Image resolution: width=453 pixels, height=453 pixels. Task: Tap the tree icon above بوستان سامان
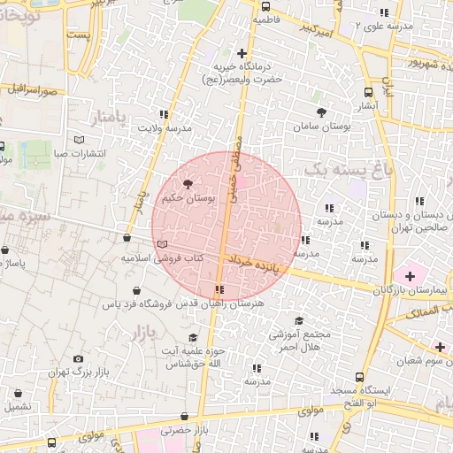pos(321,113)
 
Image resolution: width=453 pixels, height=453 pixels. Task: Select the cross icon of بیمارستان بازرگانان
pos(409,276)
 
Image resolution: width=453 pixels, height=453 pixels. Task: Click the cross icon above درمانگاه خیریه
pos(242,53)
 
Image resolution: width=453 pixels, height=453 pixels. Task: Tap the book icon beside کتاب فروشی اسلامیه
pos(160,244)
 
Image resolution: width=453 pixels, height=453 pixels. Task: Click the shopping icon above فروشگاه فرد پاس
pos(137,290)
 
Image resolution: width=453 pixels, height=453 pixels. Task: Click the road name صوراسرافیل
pos(34,89)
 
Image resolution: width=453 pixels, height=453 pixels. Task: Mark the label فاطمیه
pos(266,18)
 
